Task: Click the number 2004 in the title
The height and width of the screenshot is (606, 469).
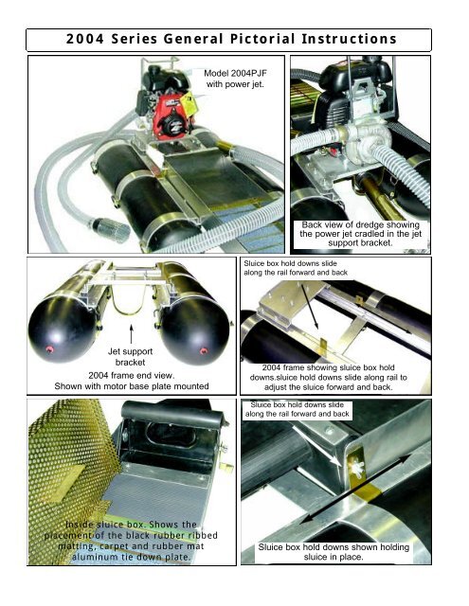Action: [85, 39]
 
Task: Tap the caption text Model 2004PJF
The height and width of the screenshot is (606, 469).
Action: [235, 74]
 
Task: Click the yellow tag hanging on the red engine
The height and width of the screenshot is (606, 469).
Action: [188, 104]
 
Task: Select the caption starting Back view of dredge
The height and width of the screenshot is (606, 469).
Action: [360, 234]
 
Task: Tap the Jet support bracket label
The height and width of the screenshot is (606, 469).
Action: [131, 357]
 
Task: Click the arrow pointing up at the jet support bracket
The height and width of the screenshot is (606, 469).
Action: [131, 334]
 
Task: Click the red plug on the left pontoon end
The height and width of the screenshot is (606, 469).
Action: [49, 349]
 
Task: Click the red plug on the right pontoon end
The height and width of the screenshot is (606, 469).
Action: [204, 351]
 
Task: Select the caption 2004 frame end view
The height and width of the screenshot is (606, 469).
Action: [132, 375]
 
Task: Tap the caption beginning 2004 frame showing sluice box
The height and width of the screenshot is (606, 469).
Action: [328, 377]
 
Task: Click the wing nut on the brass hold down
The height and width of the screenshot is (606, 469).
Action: [357, 469]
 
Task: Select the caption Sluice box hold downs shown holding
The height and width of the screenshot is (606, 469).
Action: [334, 552]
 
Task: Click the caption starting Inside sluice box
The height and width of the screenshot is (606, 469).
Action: [131, 541]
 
